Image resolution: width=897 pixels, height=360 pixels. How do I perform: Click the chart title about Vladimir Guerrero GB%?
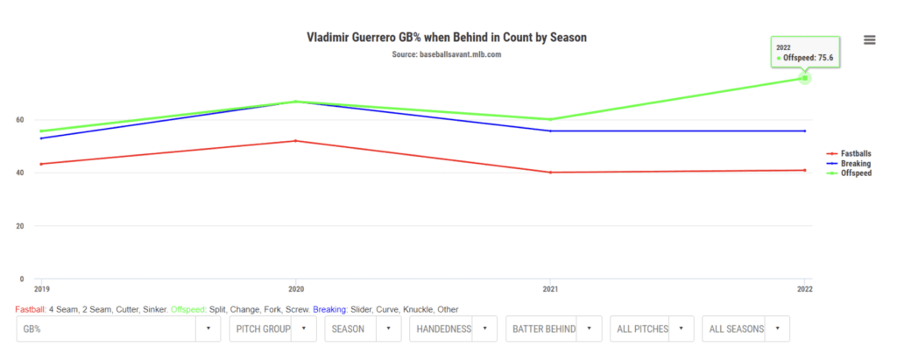pyautogui.click(x=447, y=38)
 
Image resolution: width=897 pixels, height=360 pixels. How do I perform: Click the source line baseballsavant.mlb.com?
pyautogui.click(x=447, y=54)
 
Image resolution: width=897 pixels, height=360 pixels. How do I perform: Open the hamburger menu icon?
pyautogui.click(x=869, y=39)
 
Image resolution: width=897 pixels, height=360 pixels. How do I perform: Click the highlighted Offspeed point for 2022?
pyautogui.click(x=804, y=78)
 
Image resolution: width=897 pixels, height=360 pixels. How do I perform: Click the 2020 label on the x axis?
pyautogui.click(x=296, y=288)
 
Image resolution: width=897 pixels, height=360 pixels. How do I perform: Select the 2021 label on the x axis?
pyautogui.click(x=550, y=288)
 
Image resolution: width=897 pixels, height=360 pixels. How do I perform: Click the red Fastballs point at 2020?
pyautogui.click(x=296, y=141)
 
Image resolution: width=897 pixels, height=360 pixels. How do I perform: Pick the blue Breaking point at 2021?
pyautogui.click(x=550, y=131)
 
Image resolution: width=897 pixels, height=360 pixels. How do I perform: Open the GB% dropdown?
pyautogui.click(x=118, y=328)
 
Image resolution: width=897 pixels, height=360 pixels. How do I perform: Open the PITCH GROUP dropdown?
pyautogui.click(x=272, y=328)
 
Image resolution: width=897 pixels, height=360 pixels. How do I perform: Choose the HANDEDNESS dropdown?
pyautogui.click(x=453, y=328)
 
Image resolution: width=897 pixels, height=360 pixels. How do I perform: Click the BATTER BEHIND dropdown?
pyautogui.click(x=554, y=328)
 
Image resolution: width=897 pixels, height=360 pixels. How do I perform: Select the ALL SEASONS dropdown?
pyautogui.click(x=745, y=328)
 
